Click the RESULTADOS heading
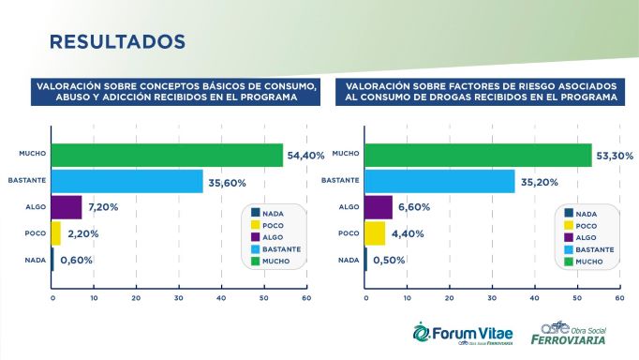tap(116, 42)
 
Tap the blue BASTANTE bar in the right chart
tap(438, 180)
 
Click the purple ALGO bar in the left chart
tap(67, 206)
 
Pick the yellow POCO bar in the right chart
tap(374, 232)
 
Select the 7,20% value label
tap(104, 206)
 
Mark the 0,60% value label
tap(76, 260)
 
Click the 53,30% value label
tap(617, 155)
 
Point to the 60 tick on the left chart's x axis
tap(305, 298)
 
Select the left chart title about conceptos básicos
tap(175, 91)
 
